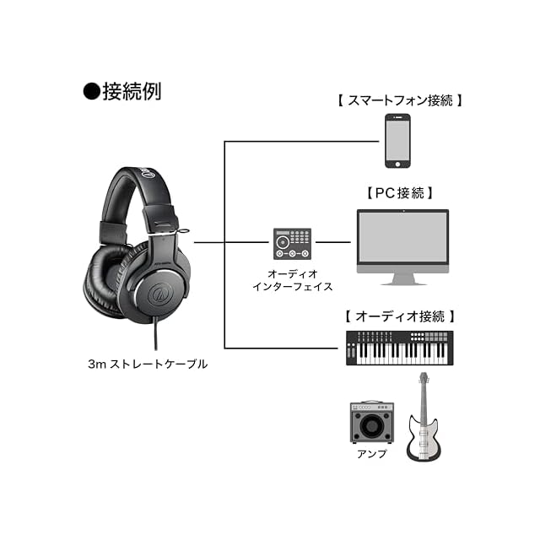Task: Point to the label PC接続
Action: (401, 193)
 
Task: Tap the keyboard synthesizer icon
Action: (400, 348)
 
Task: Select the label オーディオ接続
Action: (400, 316)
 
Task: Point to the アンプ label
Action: (371, 454)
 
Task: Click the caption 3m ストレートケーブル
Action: (147, 364)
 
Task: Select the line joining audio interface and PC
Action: (332, 244)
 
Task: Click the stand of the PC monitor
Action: (402, 279)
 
